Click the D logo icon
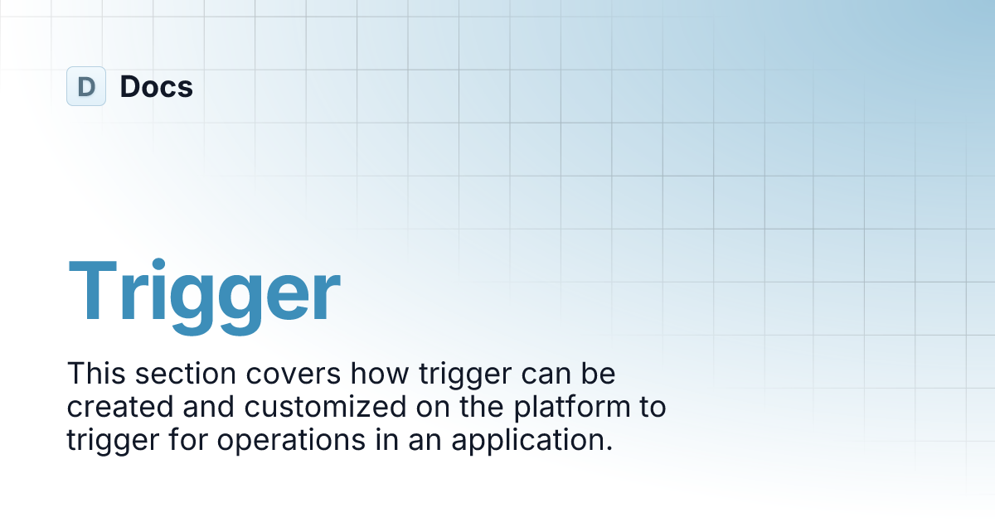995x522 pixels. click(85, 86)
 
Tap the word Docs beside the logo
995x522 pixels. click(157, 86)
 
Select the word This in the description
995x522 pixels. click(93, 374)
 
